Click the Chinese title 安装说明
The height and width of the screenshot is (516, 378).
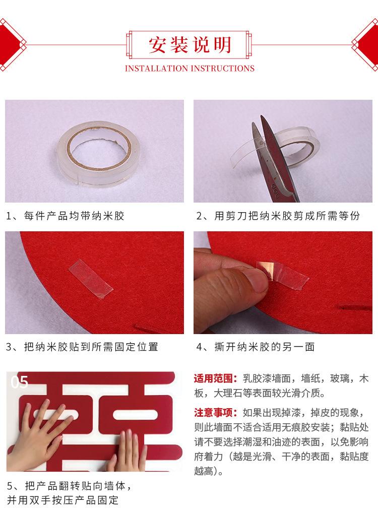(x=190, y=45)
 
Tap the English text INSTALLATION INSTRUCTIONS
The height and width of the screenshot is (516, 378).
(x=190, y=69)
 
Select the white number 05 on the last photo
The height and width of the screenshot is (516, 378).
(x=20, y=382)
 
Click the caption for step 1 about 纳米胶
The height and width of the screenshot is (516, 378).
(x=65, y=216)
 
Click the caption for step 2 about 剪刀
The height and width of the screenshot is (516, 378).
(x=278, y=216)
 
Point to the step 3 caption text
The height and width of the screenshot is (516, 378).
(x=82, y=347)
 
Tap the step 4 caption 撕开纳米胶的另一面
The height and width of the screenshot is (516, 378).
(x=256, y=347)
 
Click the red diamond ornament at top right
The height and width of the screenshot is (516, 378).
(x=366, y=44)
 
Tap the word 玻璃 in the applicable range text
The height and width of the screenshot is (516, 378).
(x=340, y=378)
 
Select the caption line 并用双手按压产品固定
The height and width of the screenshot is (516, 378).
(x=62, y=500)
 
